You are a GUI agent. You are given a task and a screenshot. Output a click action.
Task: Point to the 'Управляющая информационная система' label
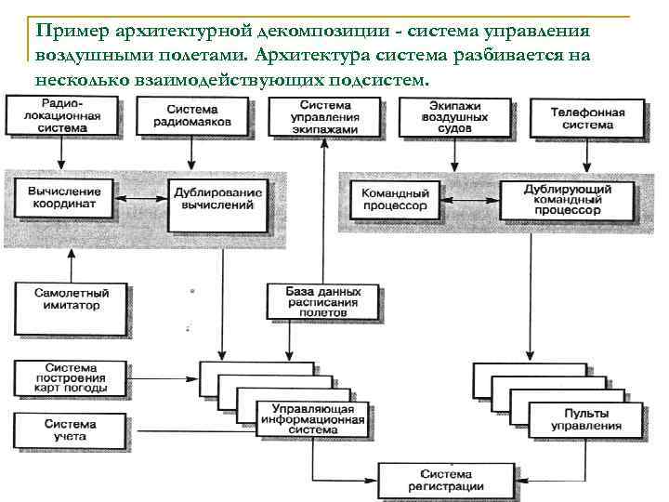pos(311,420)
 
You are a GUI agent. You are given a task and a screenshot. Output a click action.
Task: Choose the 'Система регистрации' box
pos(446,479)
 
